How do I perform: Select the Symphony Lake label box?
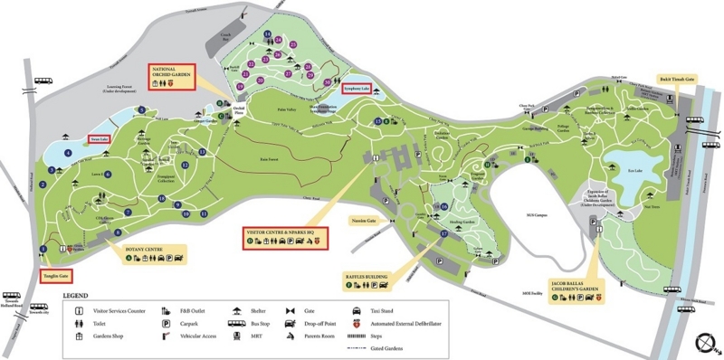(x=357, y=88)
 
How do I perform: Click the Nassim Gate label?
(x=362, y=220)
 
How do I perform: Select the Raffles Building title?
(x=367, y=276)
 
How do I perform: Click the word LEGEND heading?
(x=75, y=296)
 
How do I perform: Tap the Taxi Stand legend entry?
(x=379, y=310)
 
